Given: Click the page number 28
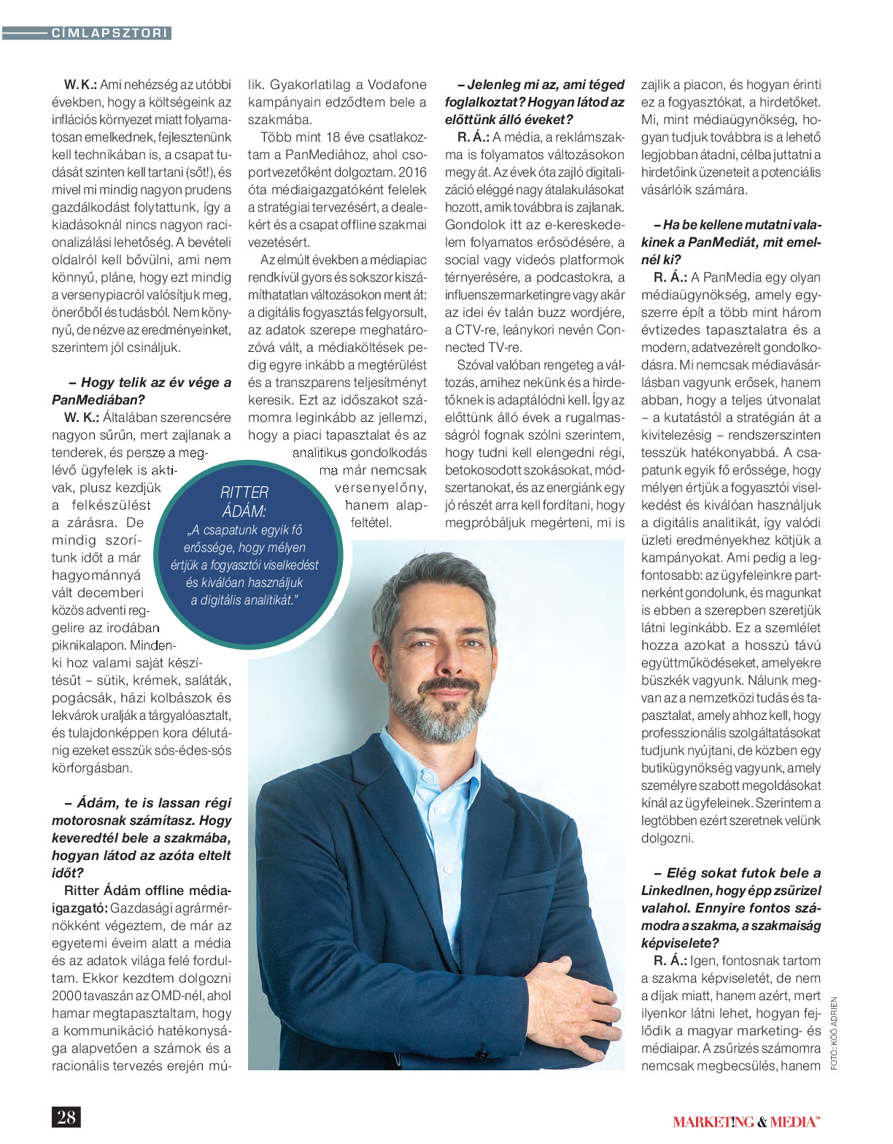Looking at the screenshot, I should point(66,1117).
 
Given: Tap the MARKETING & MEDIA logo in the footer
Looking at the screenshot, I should point(746,1122).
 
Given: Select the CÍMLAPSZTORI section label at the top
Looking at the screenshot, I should point(110,33).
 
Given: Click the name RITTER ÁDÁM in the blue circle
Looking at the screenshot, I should point(244,502).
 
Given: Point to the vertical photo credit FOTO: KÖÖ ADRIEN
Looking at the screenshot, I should point(834,1034).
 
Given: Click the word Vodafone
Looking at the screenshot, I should point(397,85).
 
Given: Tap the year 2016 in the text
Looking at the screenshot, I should point(412,172).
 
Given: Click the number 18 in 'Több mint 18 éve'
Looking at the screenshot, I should point(335,137).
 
